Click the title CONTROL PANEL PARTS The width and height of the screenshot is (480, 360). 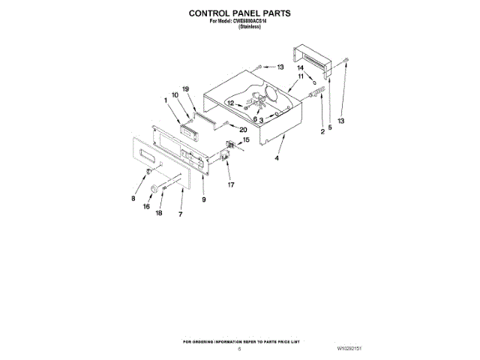239,13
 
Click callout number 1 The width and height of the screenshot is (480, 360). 166,100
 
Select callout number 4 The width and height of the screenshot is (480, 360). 277,158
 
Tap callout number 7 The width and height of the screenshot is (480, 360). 180,214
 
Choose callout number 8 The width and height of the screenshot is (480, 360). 134,199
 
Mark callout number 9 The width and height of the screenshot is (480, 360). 203,199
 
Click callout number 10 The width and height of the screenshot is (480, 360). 175,95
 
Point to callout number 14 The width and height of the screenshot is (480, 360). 300,68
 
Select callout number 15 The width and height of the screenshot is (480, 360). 245,139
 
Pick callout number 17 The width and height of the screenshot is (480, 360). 231,183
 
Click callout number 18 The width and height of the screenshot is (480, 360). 159,213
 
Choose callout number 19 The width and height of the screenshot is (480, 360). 187,90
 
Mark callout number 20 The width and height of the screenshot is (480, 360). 243,129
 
